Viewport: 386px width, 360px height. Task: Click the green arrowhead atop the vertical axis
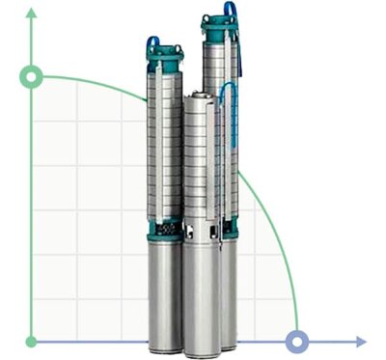[33, 13]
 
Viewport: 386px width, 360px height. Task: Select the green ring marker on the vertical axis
[33, 76]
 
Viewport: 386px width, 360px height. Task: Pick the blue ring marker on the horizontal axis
[297, 341]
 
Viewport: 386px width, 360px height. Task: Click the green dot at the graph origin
[33, 341]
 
